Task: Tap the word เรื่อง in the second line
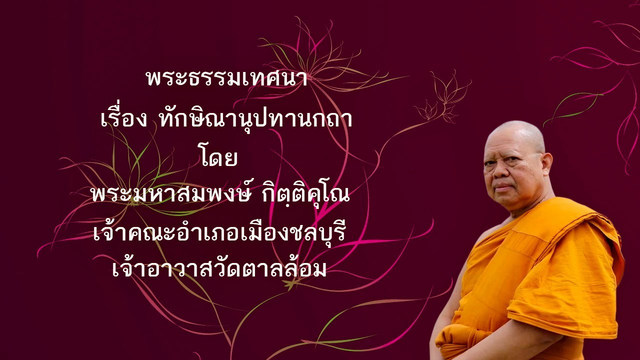click(123, 120)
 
